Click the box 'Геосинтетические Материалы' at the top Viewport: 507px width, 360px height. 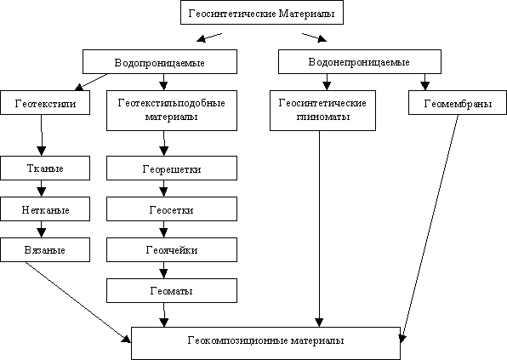pyautogui.click(x=262, y=13)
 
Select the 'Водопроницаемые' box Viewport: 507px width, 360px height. pyautogui.click(x=160, y=62)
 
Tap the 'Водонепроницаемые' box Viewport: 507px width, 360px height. pyautogui.click(x=360, y=62)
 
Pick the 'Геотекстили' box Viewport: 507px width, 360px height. pyautogui.click(x=45, y=102)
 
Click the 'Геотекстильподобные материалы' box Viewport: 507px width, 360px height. pyautogui.click(x=172, y=111)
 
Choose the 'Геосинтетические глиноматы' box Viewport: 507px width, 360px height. pyautogui.click(x=322, y=111)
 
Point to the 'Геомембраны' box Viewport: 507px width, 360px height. pyautogui.click(x=458, y=102)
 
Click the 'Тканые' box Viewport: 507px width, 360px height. pyautogui.click(x=45, y=169)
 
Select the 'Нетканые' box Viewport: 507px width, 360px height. pyautogui.click(x=45, y=209)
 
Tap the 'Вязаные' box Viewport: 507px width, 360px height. pyautogui.click(x=45, y=249)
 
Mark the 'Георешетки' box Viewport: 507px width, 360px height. pyautogui.click(x=172, y=169)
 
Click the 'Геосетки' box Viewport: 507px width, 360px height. pyautogui.click(x=172, y=209)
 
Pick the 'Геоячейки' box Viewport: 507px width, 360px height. pyautogui.click(x=172, y=249)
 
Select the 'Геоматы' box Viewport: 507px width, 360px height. pyautogui.click(x=172, y=291)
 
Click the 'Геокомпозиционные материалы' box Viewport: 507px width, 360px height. pyautogui.click(x=265, y=343)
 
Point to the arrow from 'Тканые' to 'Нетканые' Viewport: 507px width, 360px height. pyautogui.click(x=41, y=189)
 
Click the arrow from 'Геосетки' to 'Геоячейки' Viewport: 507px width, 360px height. pyautogui.click(x=163, y=229)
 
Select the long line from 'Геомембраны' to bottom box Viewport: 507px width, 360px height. pyautogui.click(x=430, y=229)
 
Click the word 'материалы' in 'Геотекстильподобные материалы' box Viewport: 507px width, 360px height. pyautogui.click(x=171, y=117)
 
